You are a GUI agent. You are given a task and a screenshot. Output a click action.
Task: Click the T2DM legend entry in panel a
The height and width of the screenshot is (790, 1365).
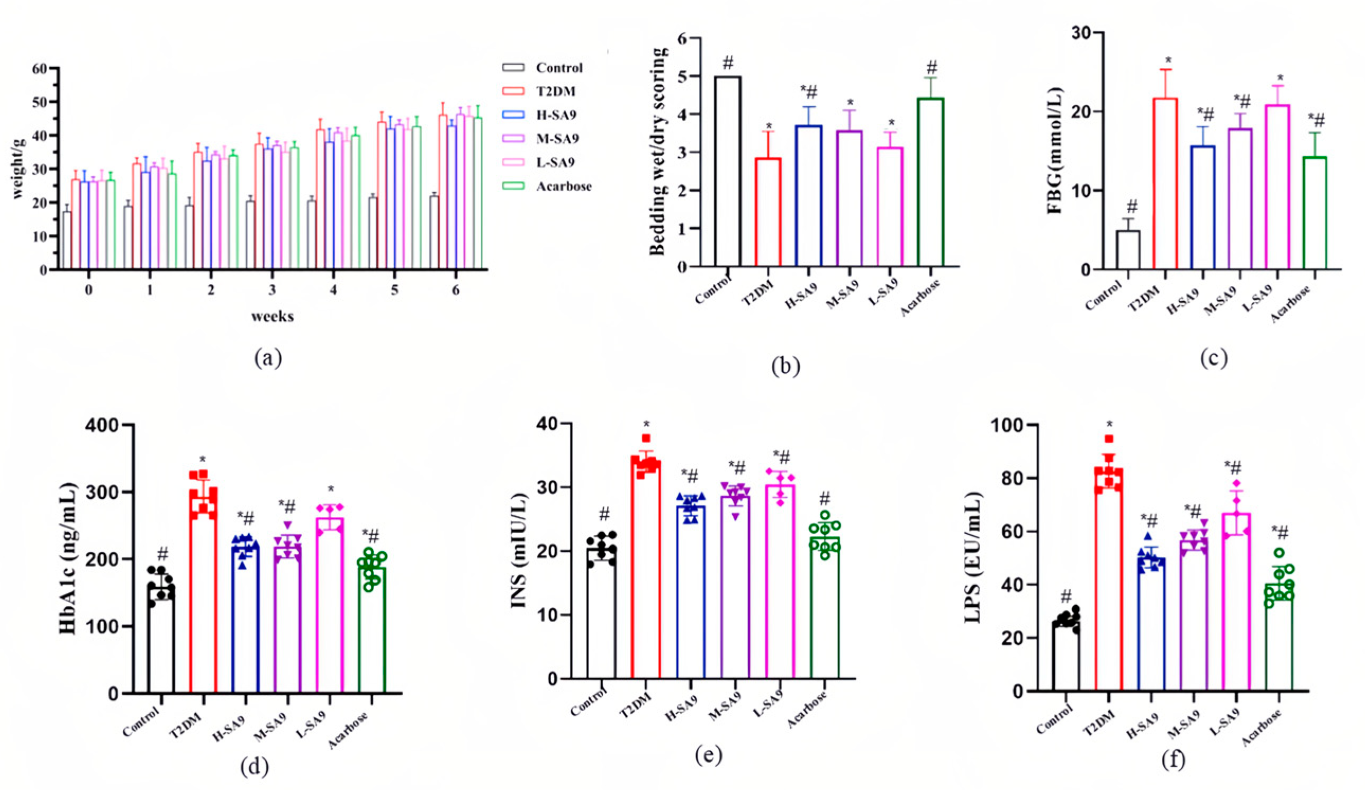pos(556,91)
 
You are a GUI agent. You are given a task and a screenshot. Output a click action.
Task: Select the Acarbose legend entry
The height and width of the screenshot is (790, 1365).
pos(563,186)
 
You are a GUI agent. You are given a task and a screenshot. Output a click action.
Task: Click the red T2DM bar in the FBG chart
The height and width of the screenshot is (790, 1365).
pos(1164,184)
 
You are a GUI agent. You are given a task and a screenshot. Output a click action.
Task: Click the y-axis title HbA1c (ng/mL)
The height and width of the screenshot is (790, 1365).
pos(68,558)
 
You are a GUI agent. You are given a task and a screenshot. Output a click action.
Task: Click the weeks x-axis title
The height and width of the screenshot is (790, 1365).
pos(272,317)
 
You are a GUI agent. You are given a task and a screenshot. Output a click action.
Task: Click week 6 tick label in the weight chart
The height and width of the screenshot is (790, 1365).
pos(456,290)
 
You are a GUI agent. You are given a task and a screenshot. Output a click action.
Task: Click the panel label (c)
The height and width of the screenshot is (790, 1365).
pos(1213,358)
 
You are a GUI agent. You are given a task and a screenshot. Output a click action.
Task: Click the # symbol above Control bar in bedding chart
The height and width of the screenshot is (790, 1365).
pos(728,63)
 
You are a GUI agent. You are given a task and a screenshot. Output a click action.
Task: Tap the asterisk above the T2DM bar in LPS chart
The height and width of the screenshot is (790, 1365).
pos(1109,424)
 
